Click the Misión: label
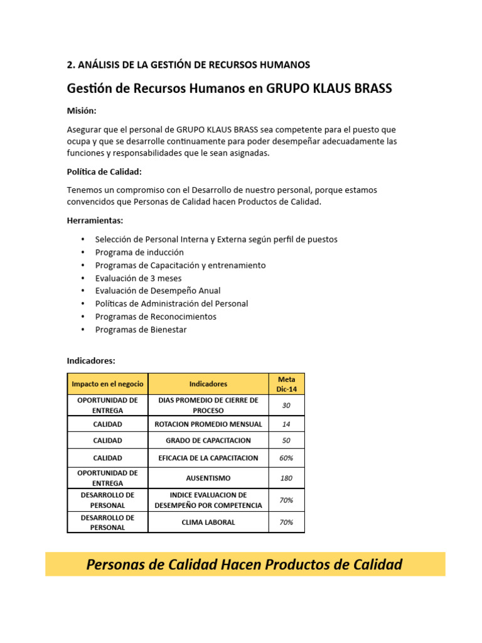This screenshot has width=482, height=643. pyautogui.click(x=82, y=111)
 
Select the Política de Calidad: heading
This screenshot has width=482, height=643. pyautogui.click(x=104, y=171)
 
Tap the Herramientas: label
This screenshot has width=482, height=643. pyautogui.click(x=95, y=220)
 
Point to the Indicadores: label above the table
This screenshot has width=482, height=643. pyautogui.click(x=91, y=360)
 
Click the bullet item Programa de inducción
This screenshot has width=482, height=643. pyautogui.click(x=139, y=252)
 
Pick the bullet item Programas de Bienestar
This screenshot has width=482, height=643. pyautogui.click(x=141, y=329)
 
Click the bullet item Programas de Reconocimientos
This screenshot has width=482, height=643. pyautogui.click(x=156, y=316)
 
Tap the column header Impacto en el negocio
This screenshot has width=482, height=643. pyautogui.click(x=107, y=384)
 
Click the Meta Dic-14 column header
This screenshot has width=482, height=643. pyautogui.click(x=286, y=384)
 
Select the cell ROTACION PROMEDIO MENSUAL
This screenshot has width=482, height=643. pyautogui.click(x=208, y=424)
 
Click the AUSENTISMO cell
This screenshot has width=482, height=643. pyautogui.click(x=208, y=478)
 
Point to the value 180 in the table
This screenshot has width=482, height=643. pyautogui.click(x=286, y=478)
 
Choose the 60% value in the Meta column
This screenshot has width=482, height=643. pyautogui.click(x=286, y=458)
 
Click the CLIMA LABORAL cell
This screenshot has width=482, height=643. pyautogui.click(x=208, y=522)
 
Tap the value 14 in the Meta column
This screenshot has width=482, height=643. pyautogui.click(x=286, y=424)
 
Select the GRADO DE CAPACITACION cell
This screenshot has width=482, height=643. pyautogui.click(x=208, y=440)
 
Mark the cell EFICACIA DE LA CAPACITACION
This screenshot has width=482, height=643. pyautogui.click(x=208, y=458)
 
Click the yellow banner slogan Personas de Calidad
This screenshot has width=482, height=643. pyautogui.click(x=244, y=565)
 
